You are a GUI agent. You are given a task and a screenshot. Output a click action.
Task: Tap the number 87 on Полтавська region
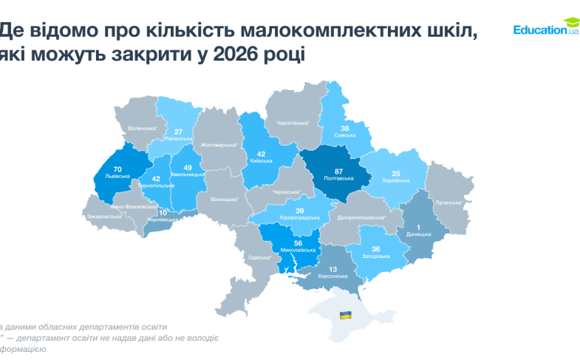click(328, 172)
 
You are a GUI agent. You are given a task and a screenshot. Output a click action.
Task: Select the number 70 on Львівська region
click(117, 169)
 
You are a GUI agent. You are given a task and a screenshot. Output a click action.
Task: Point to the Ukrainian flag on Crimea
click(345, 316)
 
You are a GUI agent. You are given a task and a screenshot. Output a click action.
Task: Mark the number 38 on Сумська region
click(345, 128)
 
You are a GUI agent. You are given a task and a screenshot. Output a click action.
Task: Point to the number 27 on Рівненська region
click(178, 132)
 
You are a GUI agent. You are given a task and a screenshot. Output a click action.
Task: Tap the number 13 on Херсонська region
click(333, 269)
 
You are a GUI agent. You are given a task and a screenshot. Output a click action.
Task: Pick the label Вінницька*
click(225, 199)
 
